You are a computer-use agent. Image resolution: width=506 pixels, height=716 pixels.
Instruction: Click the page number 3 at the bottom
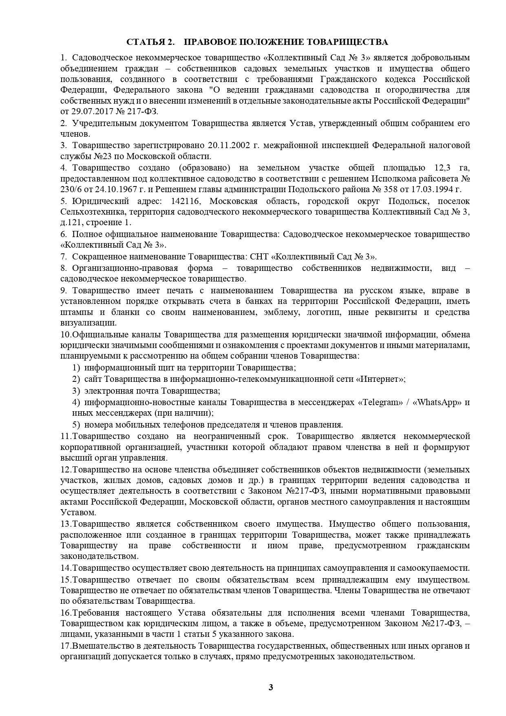coord(271,687)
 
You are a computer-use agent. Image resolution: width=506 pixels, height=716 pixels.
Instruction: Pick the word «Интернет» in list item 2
coord(380,379)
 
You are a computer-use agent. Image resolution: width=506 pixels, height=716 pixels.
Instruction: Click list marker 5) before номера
coord(76,425)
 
